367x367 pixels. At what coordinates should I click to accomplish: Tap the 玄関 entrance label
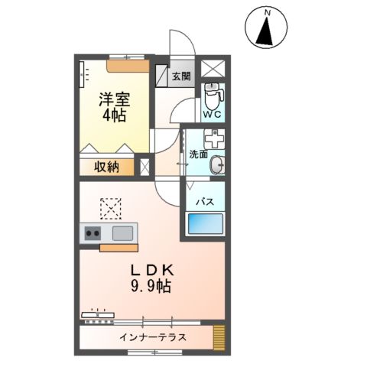click(x=181, y=76)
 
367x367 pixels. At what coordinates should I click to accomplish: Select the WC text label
click(x=213, y=115)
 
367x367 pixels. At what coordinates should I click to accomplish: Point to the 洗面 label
click(x=198, y=154)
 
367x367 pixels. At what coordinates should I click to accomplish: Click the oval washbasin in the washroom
click(x=217, y=164)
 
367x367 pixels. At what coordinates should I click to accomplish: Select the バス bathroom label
click(x=204, y=202)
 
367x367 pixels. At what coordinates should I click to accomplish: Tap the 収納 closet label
click(x=106, y=166)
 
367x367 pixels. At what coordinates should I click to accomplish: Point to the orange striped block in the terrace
click(x=219, y=336)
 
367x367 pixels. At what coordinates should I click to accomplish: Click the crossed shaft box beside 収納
click(x=145, y=166)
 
